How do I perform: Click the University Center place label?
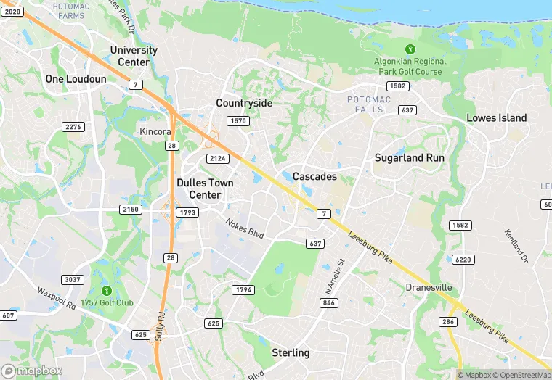tap(134, 56)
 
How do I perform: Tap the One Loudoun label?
tap(76, 78)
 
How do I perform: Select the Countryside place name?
tap(244, 103)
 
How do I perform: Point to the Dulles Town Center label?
tap(205, 189)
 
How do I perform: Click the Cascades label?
tap(314, 176)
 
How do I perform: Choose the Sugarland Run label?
tap(409, 157)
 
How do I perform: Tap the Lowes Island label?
tap(497, 117)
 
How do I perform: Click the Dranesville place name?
tap(429, 287)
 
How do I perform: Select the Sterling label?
tap(291, 352)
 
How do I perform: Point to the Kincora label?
tap(155, 132)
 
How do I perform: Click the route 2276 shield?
tap(74, 127)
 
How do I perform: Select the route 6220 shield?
tap(462, 259)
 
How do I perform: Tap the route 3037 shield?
tap(73, 279)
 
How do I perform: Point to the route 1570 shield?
tap(238, 120)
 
